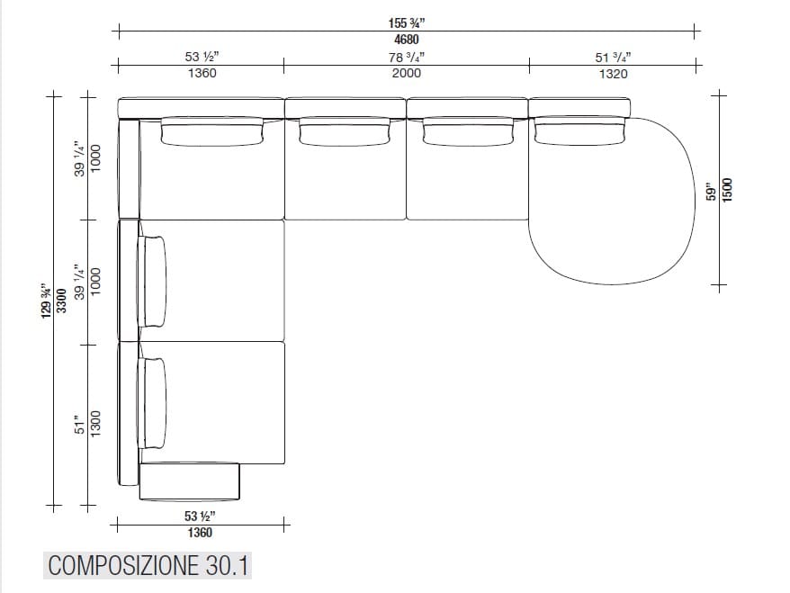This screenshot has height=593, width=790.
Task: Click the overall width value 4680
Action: (405, 40)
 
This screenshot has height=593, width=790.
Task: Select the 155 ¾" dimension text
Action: (405, 22)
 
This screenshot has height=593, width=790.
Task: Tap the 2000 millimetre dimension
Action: (407, 74)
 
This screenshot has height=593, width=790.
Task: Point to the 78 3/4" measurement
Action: (407, 57)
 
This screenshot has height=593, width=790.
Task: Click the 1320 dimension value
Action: (613, 74)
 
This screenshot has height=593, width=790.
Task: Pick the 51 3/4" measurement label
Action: (613, 57)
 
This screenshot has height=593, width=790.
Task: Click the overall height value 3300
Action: (61, 300)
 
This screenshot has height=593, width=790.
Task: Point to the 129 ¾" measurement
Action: (45, 300)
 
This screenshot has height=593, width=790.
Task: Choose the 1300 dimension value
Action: (96, 423)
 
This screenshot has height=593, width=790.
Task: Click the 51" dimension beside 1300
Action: (79, 423)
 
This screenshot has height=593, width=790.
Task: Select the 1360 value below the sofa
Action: (200, 533)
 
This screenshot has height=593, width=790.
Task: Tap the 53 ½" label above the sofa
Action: (202, 57)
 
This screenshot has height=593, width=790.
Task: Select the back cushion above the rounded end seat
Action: (581, 132)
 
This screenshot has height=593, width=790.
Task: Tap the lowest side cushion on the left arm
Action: (153, 404)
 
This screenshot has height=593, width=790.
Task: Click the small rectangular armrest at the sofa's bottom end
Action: (189, 481)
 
